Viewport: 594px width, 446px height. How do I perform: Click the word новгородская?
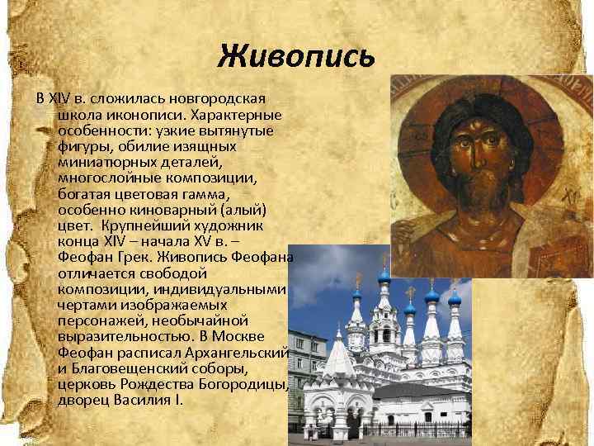coord(186,99)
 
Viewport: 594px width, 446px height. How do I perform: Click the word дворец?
coord(82,400)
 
